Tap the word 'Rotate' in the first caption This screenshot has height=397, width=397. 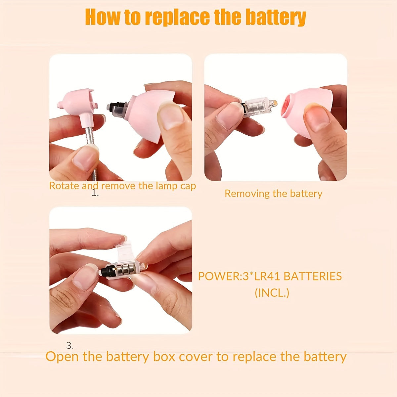(64, 186)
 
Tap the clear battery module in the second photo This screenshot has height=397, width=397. (259, 105)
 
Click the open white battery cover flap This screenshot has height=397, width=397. (126, 252)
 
